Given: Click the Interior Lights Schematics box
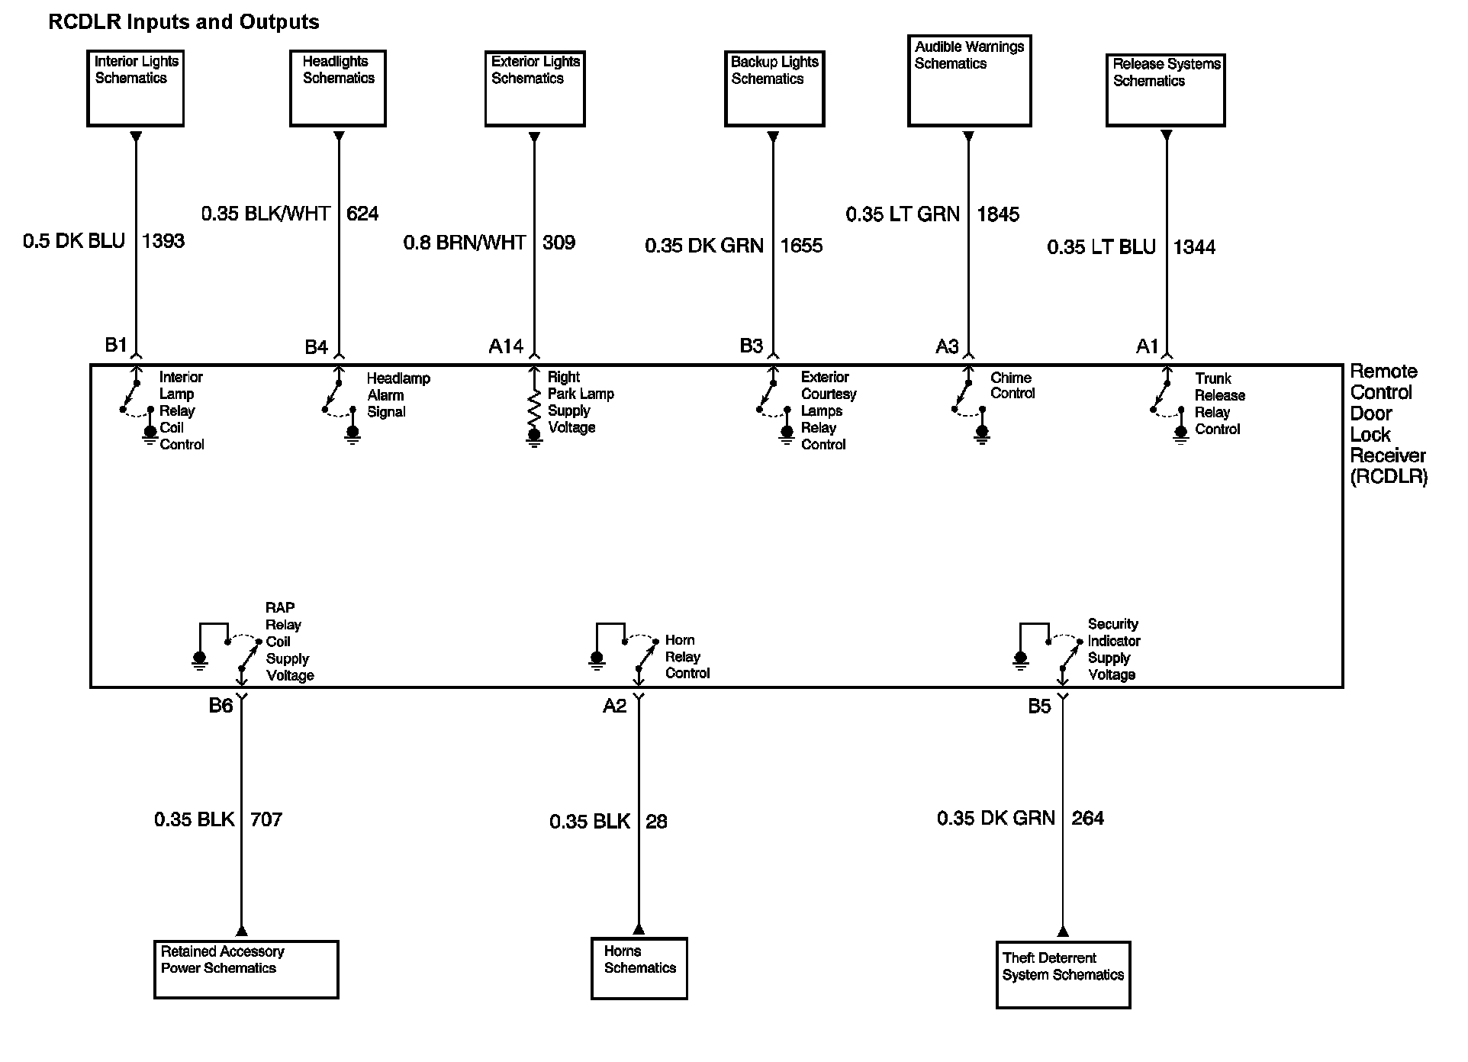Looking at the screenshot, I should pyautogui.click(x=135, y=88).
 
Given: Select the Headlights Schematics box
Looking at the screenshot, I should pyautogui.click(x=337, y=88).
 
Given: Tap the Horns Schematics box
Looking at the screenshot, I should pyautogui.click(x=639, y=968).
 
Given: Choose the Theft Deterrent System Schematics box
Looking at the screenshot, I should pyautogui.click(x=1063, y=974).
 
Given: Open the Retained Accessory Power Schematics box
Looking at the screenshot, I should pyautogui.click(x=246, y=969).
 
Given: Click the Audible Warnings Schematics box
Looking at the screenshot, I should pyautogui.click(x=969, y=80).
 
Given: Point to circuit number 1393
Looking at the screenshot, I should pyautogui.click(x=163, y=241).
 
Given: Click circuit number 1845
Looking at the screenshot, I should pyautogui.click(x=998, y=214).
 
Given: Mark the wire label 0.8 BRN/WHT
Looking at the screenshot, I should pyautogui.click(x=464, y=243).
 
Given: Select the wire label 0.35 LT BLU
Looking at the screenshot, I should pyautogui.click(x=1101, y=247).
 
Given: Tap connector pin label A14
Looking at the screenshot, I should pyautogui.click(x=506, y=347).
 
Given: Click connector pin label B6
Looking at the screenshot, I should pyautogui.click(x=221, y=706).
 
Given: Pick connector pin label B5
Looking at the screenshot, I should pyautogui.click(x=1039, y=706).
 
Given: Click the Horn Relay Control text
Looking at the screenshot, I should pyautogui.click(x=687, y=657).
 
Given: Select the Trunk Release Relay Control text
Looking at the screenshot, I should pyautogui.click(x=1219, y=404).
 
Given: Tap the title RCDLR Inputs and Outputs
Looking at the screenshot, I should pyautogui.click(x=184, y=22).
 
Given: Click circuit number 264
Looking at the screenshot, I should pyautogui.click(x=1087, y=819).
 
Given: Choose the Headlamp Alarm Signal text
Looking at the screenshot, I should pyautogui.click(x=398, y=395).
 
